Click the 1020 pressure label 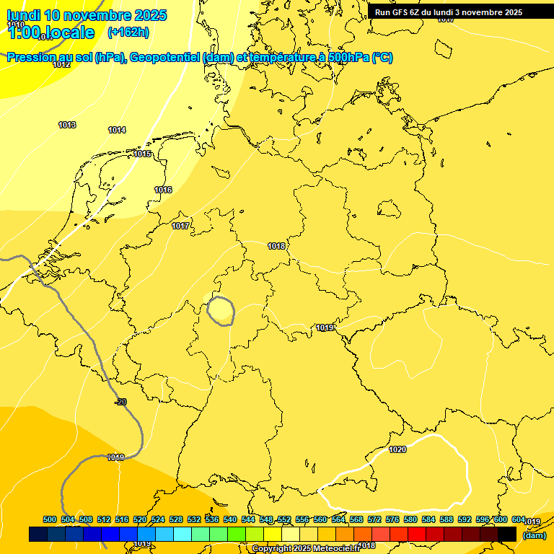pyautogui.click(x=397, y=449)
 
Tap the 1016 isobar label pyautogui.click(x=163, y=190)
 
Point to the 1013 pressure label pyautogui.click(x=67, y=125)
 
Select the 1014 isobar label pyautogui.click(x=117, y=130)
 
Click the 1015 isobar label pyautogui.click(x=142, y=154)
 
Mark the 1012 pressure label pyautogui.click(x=61, y=64)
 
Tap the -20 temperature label pyautogui.click(x=120, y=402)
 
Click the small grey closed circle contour pyautogui.click(x=220, y=310)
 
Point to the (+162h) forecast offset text pyautogui.click(x=128, y=32)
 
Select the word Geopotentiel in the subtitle pyautogui.click(x=164, y=58)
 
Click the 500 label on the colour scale pyautogui.click(x=50, y=519)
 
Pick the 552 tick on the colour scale pyautogui.click(x=284, y=519)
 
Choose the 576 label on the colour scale pyautogui.click(x=392, y=519)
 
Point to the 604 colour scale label pyautogui.click(x=518, y=519)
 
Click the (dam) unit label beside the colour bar pyautogui.click(x=534, y=535)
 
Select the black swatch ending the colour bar pyautogui.click(x=507, y=534)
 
